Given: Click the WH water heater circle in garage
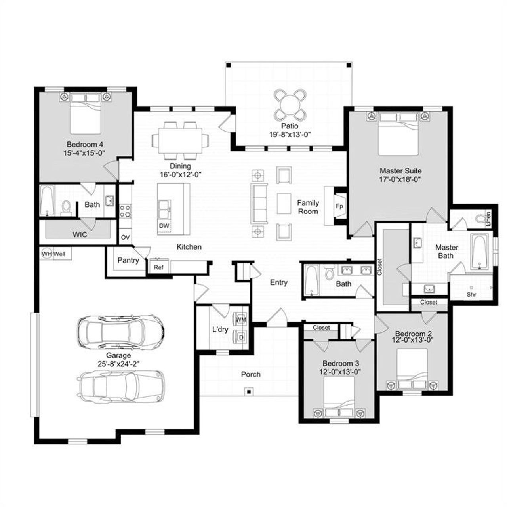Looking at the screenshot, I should pyautogui.click(x=47, y=253).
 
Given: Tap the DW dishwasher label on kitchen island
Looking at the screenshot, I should pyautogui.click(x=164, y=226).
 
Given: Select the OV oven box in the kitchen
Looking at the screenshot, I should pyautogui.click(x=125, y=238).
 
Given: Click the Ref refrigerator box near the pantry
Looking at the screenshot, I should pyautogui.click(x=158, y=267).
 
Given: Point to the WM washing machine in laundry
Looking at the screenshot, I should pyautogui.click(x=240, y=319).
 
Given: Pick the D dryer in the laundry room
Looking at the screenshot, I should pyautogui.click(x=240, y=337).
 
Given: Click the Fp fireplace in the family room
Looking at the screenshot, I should pyautogui.click(x=339, y=206).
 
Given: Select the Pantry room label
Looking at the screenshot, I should pyautogui.click(x=128, y=260).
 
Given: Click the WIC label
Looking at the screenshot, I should pyautogui.click(x=80, y=234).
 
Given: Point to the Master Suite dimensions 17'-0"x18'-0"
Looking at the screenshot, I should pyautogui.click(x=400, y=179).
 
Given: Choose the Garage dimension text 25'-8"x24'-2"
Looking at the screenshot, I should pyautogui.click(x=118, y=363).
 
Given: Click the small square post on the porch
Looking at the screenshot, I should pyautogui.click(x=249, y=392).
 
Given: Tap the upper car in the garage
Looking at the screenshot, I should pyautogui.click(x=120, y=331).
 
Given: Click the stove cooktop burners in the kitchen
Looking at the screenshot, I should pyautogui.click(x=125, y=211).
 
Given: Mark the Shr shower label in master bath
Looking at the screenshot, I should pyautogui.click(x=471, y=294).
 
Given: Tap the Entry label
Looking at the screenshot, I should pyautogui.click(x=278, y=282).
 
